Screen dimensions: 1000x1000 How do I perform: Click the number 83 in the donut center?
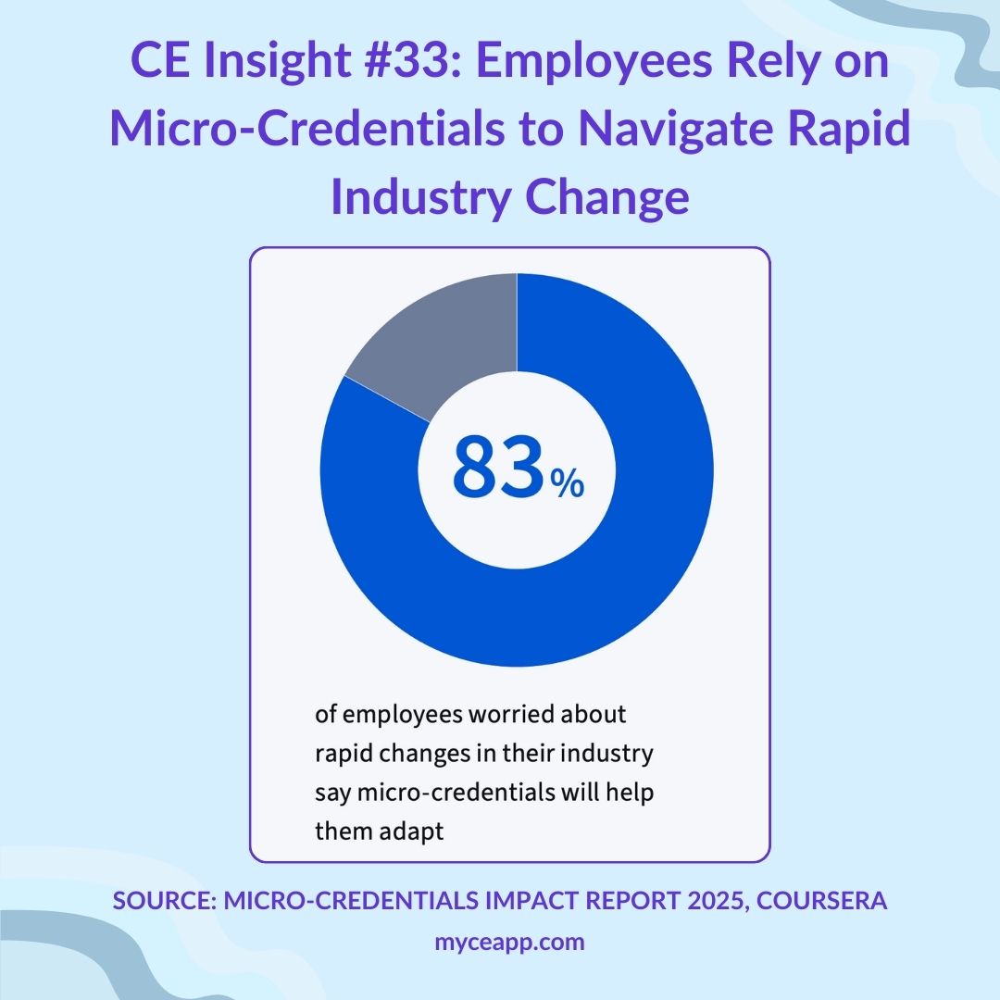(496, 469)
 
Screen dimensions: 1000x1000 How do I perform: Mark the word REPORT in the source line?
(603, 901)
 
